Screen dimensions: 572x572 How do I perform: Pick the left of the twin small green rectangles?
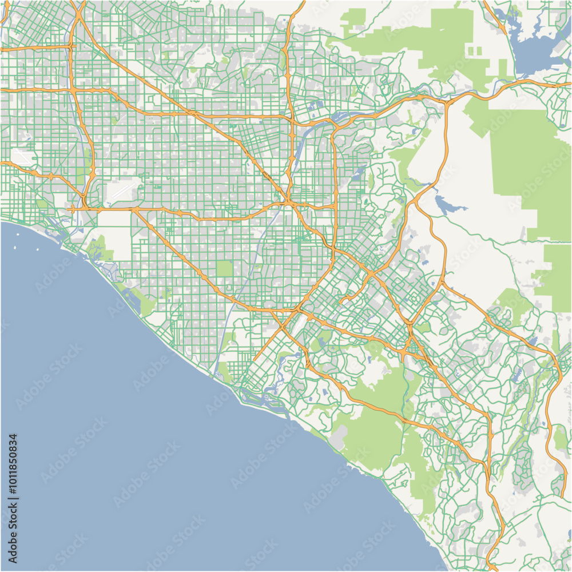[x=471, y=51]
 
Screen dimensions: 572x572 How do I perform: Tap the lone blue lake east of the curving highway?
[x=443, y=203]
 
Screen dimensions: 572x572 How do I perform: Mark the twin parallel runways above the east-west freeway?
[x=123, y=192]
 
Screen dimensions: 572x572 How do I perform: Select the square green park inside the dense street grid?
[x=224, y=268]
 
